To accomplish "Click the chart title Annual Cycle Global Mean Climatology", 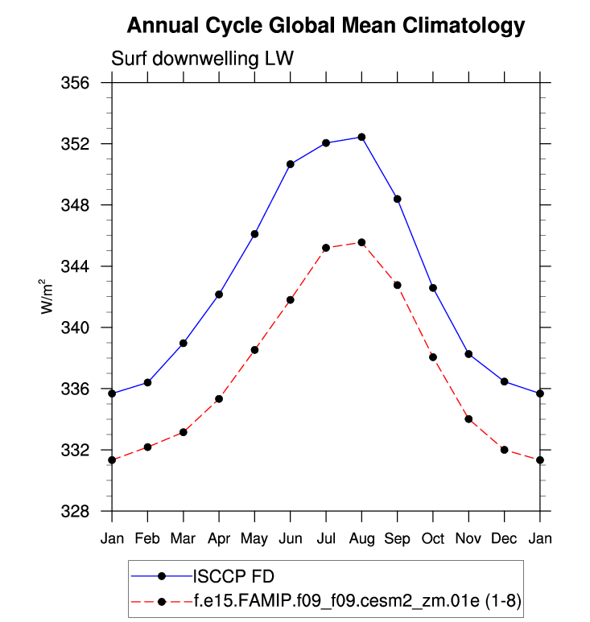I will coord(326,27).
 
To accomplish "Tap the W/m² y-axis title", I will coord(47,297).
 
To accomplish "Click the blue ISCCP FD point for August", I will coord(361,137).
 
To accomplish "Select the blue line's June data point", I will coord(291,164).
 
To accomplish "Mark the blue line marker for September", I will coord(398,199).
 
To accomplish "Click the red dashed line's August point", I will coord(361,242).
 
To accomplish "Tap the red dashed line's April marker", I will coord(219,399).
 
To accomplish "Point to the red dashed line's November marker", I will coord(468,419).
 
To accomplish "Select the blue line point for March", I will coord(184,343).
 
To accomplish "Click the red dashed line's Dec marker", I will coord(505,450).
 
